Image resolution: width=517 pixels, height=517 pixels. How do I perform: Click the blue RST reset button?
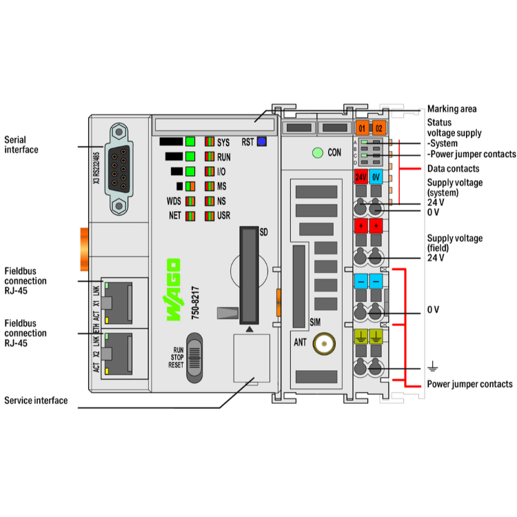[x=261, y=142]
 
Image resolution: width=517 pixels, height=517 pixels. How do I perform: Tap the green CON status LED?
[x=318, y=152]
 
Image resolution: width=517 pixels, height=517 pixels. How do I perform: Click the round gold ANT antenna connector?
[x=321, y=343]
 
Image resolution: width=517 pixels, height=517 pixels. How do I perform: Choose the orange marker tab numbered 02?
[x=378, y=127]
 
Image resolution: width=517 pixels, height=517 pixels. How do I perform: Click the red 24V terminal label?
[x=361, y=177]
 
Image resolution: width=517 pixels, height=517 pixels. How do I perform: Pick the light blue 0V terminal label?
[x=376, y=177]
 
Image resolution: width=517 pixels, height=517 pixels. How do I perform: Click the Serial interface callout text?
[x=21, y=145]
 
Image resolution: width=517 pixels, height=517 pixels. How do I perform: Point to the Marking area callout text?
[x=452, y=109]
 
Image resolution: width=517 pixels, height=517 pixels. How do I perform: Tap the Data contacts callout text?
[x=453, y=168]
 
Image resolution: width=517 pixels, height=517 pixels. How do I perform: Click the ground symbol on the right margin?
[x=433, y=366]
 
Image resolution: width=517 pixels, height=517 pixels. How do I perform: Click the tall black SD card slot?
[x=248, y=275]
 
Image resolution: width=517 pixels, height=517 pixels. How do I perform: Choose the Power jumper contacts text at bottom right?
[x=469, y=384]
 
